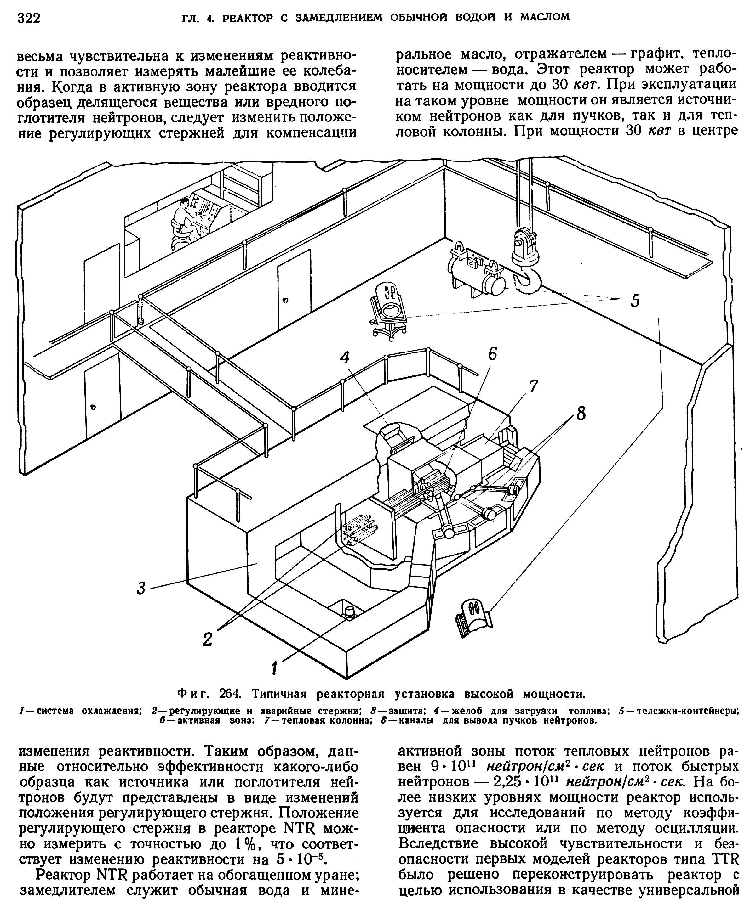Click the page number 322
[28, 19]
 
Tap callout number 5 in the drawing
[635, 300]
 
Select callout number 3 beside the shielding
[141, 588]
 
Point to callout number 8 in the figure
[581, 414]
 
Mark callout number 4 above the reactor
[345, 357]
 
